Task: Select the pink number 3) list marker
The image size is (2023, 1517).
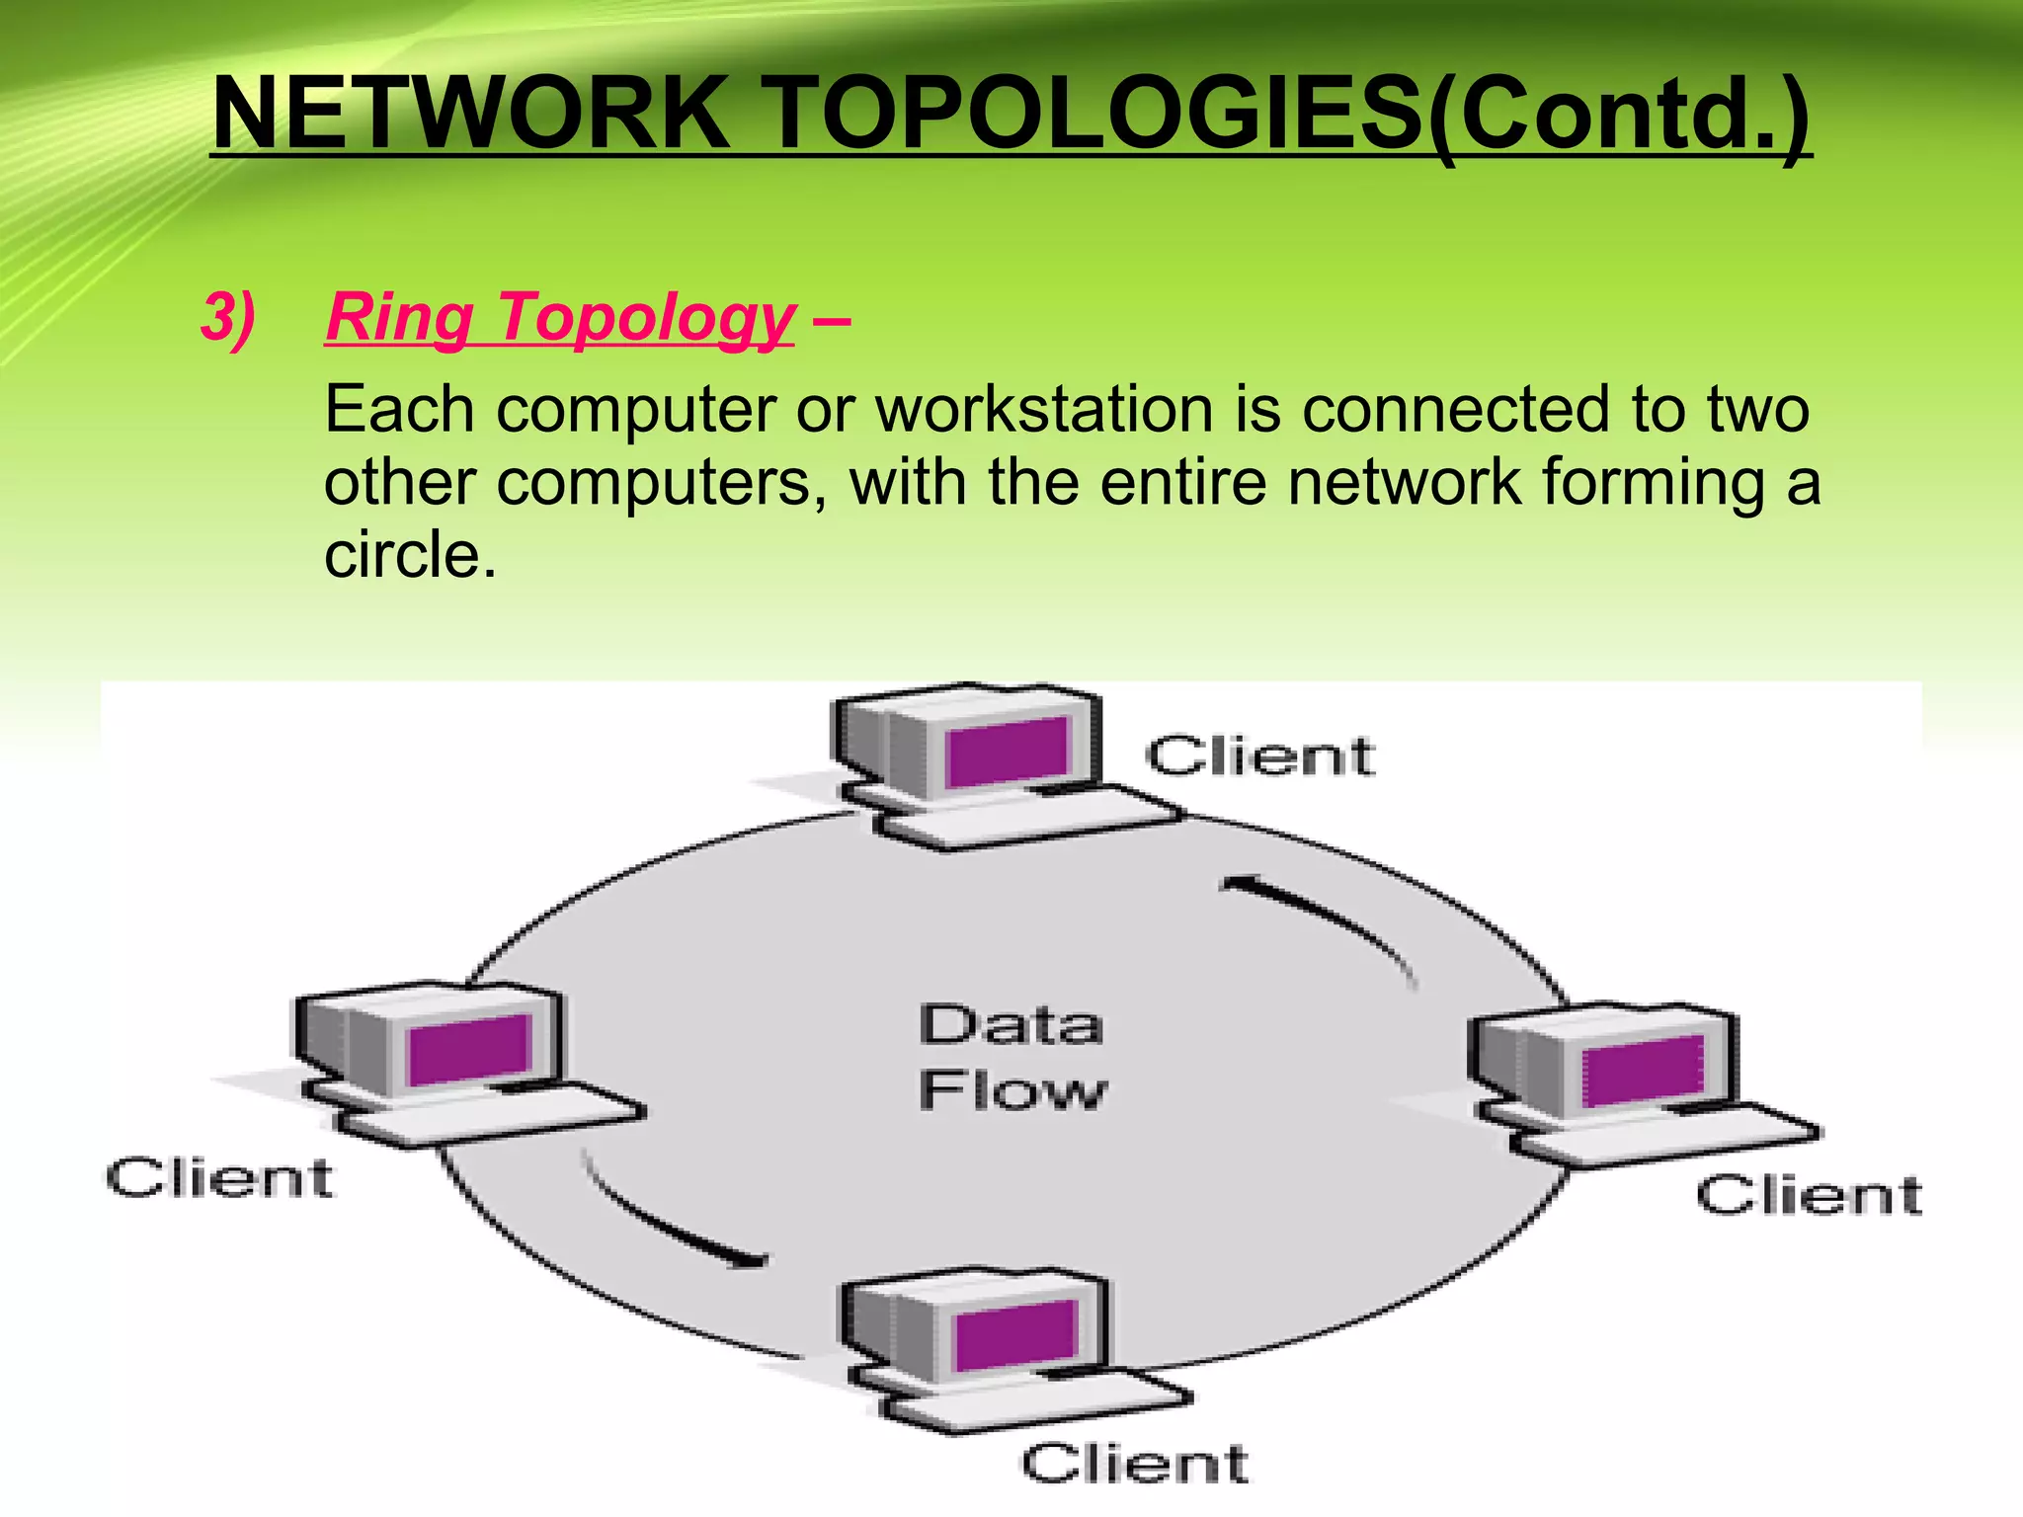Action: (227, 318)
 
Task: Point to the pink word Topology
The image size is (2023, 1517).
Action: (646, 318)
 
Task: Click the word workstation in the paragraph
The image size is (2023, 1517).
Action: (1044, 410)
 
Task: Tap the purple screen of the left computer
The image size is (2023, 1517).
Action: (469, 1050)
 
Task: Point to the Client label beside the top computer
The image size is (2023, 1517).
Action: (1259, 757)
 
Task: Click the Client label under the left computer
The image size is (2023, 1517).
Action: (219, 1178)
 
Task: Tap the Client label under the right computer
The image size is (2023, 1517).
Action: (1809, 1195)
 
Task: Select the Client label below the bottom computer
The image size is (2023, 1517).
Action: (1134, 1463)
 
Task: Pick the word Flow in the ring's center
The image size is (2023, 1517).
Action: (1012, 1090)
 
